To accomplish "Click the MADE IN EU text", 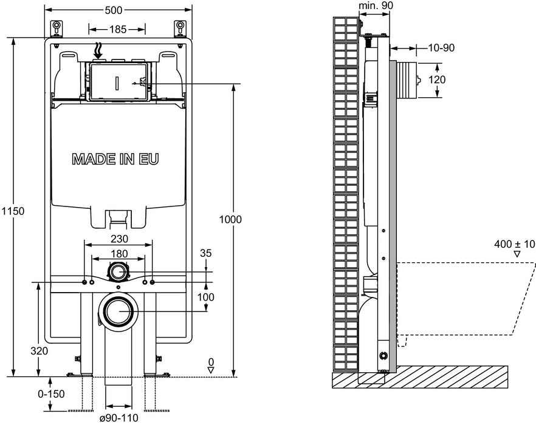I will click(x=115, y=159).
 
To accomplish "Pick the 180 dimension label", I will click(x=118, y=253).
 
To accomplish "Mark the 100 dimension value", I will click(x=207, y=297).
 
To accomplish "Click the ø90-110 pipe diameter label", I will click(x=119, y=418).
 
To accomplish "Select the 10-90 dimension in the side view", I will click(x=440, y=48).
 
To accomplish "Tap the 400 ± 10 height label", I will click(x=514, y=244).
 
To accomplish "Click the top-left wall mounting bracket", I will click(x=57, y=28).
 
